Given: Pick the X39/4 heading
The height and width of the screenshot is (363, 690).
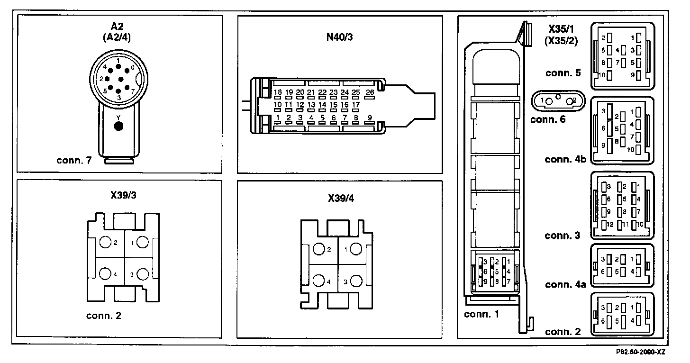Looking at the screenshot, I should point(340,198).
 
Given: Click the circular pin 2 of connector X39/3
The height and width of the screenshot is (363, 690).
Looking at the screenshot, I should point(105,243).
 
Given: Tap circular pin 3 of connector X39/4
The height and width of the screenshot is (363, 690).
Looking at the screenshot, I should point(356,281).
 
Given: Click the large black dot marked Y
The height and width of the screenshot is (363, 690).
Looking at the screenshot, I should point(119,126).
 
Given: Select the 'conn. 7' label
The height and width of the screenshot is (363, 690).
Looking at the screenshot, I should point(73,161).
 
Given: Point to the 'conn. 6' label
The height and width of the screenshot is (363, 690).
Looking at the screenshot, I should point(548,119).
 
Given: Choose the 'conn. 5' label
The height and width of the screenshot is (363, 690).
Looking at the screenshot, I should point(563,73).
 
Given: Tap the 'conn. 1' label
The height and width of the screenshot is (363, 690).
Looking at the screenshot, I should point(481,314).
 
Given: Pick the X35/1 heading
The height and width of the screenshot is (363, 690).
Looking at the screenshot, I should point(561,29).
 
